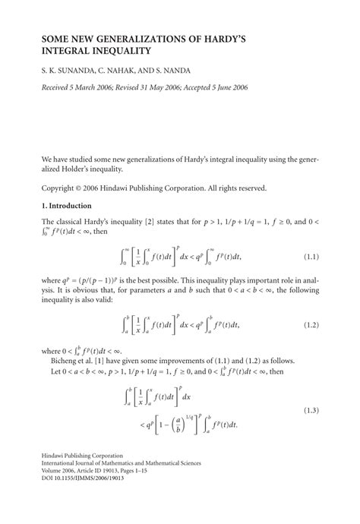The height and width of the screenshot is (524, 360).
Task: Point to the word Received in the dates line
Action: point(59,89)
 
